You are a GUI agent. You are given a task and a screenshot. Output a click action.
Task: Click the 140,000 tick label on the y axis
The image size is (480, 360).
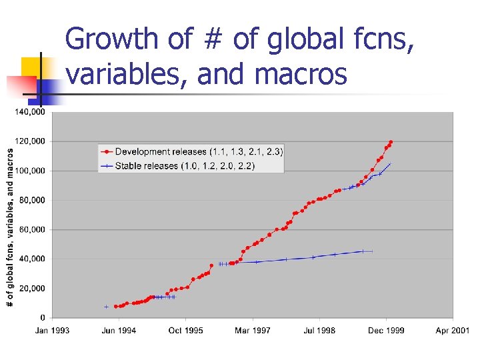tap(30, 112)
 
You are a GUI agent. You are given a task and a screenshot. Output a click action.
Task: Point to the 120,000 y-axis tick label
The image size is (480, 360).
tap(30, 141)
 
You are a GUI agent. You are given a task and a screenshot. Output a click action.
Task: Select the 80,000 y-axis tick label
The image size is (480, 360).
tap(32, 200)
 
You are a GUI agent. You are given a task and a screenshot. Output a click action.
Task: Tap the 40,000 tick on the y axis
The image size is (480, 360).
tap(32, 259)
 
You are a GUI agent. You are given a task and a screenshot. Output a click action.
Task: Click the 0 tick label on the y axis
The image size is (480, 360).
tap(42, 317)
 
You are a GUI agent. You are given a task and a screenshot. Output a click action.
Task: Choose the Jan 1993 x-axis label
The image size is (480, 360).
tap(52, 331)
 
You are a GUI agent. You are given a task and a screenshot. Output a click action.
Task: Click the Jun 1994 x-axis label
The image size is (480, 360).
tap(119, 331)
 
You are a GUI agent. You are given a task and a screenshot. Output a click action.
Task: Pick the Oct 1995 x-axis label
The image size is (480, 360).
tap(186, 331)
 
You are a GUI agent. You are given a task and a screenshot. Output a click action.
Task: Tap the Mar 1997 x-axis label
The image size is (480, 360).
tap(253, 331)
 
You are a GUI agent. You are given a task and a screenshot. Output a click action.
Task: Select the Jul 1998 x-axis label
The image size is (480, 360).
tap(319, 331)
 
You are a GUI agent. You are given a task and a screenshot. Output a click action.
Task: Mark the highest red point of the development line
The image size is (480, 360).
tap(391, 142)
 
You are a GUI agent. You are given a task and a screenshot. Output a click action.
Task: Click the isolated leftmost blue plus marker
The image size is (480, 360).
tap(106, 307)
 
